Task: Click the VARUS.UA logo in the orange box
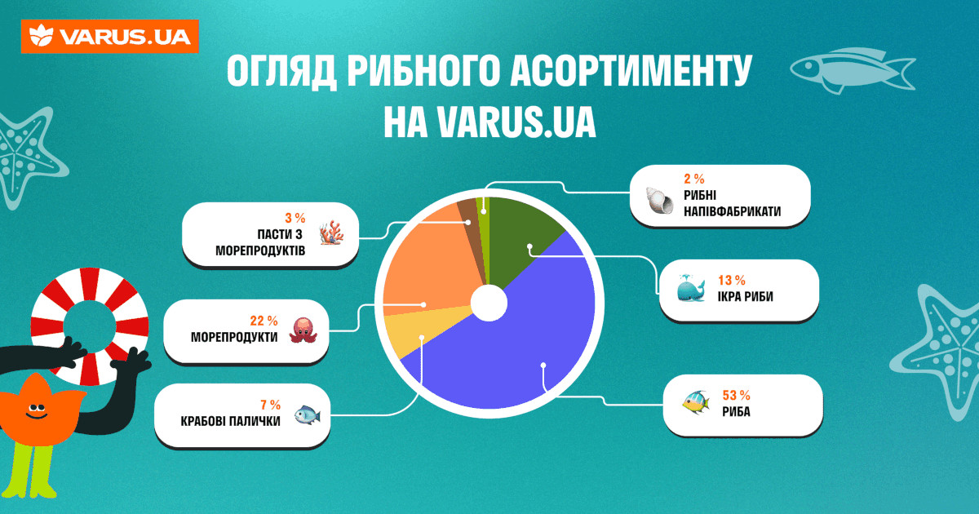pyautogui.click(x=110, y=36)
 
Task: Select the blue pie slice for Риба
pyautogui.click(x=522, y=359)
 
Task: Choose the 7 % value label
pyautogui.click(x=270, y=404)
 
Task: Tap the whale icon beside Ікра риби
pyautogui.click(x=690, y=289)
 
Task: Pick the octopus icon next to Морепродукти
pyautogui.click(x=303, y=330)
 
